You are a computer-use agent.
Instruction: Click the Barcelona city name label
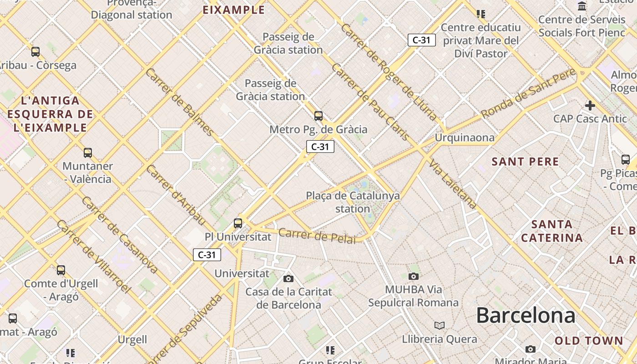pos(526,315)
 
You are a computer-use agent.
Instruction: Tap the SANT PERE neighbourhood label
pos(526,162)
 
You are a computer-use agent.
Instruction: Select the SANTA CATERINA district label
pos(552,231)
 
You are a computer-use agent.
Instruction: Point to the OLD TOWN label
pos(589,340)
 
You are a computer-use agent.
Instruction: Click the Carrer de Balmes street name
pos(180,102)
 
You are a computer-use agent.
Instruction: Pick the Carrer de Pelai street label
pos(317,236)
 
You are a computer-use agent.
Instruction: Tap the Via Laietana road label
pos(453,185)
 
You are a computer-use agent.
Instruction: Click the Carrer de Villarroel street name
pos(94,256)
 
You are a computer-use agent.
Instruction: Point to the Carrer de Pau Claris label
pos(370,102)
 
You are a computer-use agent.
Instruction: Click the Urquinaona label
pos(465,137)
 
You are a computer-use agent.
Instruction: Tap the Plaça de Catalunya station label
pos(353,202)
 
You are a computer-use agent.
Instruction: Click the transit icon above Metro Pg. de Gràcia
pos(318,116)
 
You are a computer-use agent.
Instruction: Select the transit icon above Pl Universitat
pos(238,223)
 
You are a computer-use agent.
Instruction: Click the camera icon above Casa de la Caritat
pos(288,278)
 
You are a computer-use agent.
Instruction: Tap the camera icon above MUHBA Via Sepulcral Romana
pos(413,276)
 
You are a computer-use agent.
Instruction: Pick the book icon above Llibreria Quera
pos(439,325)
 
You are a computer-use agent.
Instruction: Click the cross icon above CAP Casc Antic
pos(590,106)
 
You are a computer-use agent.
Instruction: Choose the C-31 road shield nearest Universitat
pos(207,255)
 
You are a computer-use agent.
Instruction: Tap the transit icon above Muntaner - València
pos(88,153)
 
